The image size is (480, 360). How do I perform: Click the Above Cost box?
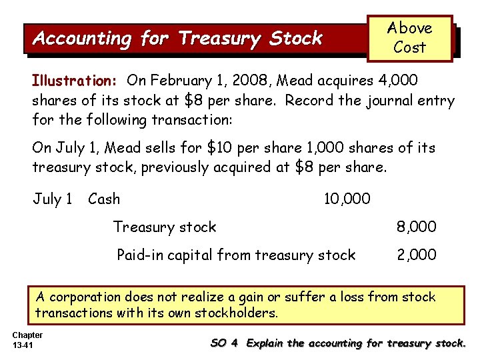click(409, 38)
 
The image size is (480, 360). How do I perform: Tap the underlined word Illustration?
click(74, 81)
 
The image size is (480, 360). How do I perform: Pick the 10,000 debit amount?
click(347, 199)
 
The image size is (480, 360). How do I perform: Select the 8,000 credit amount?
click(417, 227)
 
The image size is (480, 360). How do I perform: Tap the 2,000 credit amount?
click(417, 255)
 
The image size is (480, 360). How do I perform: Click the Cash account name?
click(104, 199)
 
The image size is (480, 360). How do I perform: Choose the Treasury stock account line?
click(165, 227)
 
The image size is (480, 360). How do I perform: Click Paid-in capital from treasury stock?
click(236, 255)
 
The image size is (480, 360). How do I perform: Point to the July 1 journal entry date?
click(53, 199)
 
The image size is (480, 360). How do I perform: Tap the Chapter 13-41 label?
click(27, 339)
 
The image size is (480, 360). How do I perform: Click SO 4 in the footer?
click(224, 343)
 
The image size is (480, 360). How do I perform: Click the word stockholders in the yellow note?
click(237, 313)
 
